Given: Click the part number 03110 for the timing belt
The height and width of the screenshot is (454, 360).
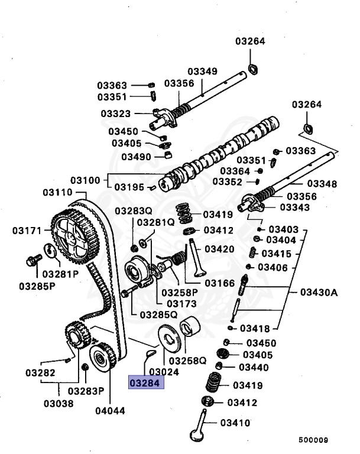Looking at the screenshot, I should pyautogui.click(x=57, y=193).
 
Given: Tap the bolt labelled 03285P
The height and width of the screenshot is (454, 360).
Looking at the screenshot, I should pyautogui.click(x=33, y=260).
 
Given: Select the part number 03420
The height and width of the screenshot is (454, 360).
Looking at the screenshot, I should pyautogui.click(x=219, y=249).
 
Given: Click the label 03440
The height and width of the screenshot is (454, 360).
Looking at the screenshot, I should pyautogui.click(x=254, y=367).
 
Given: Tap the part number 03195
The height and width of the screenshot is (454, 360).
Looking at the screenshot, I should pyautogui.click(x=129, y=187).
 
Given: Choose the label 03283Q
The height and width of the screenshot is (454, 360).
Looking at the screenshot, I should pyautogui.click(x=133, y=211).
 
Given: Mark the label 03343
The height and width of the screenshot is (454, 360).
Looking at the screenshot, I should pyautogui.click(x=295, y=207).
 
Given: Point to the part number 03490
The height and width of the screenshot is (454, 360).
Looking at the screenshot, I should pyautogui.click(x=137, y=157).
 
